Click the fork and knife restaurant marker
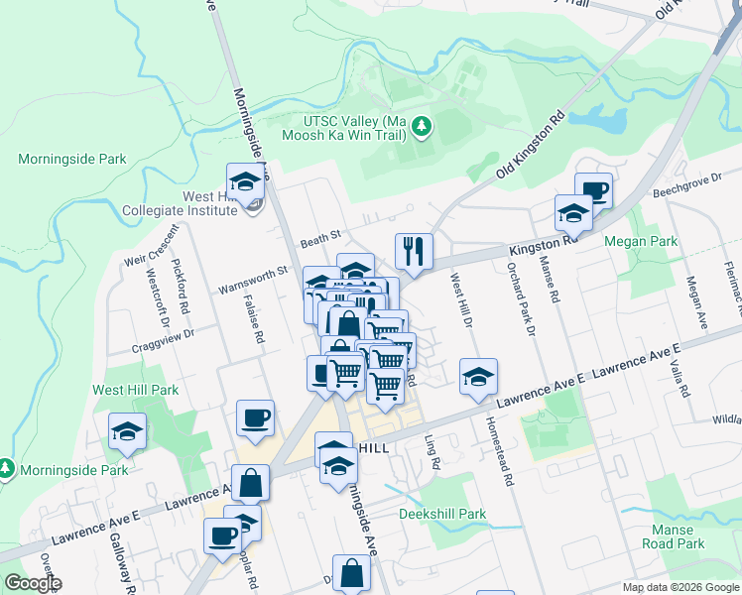coord(413,251)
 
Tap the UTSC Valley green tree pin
coord(422,126)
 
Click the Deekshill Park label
coord(442,514)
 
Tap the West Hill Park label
coord(136,390)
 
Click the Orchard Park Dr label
coord(522,297)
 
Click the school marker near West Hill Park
coord(128,430)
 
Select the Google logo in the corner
coord(33,583)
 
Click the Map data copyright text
coord(680,587)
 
